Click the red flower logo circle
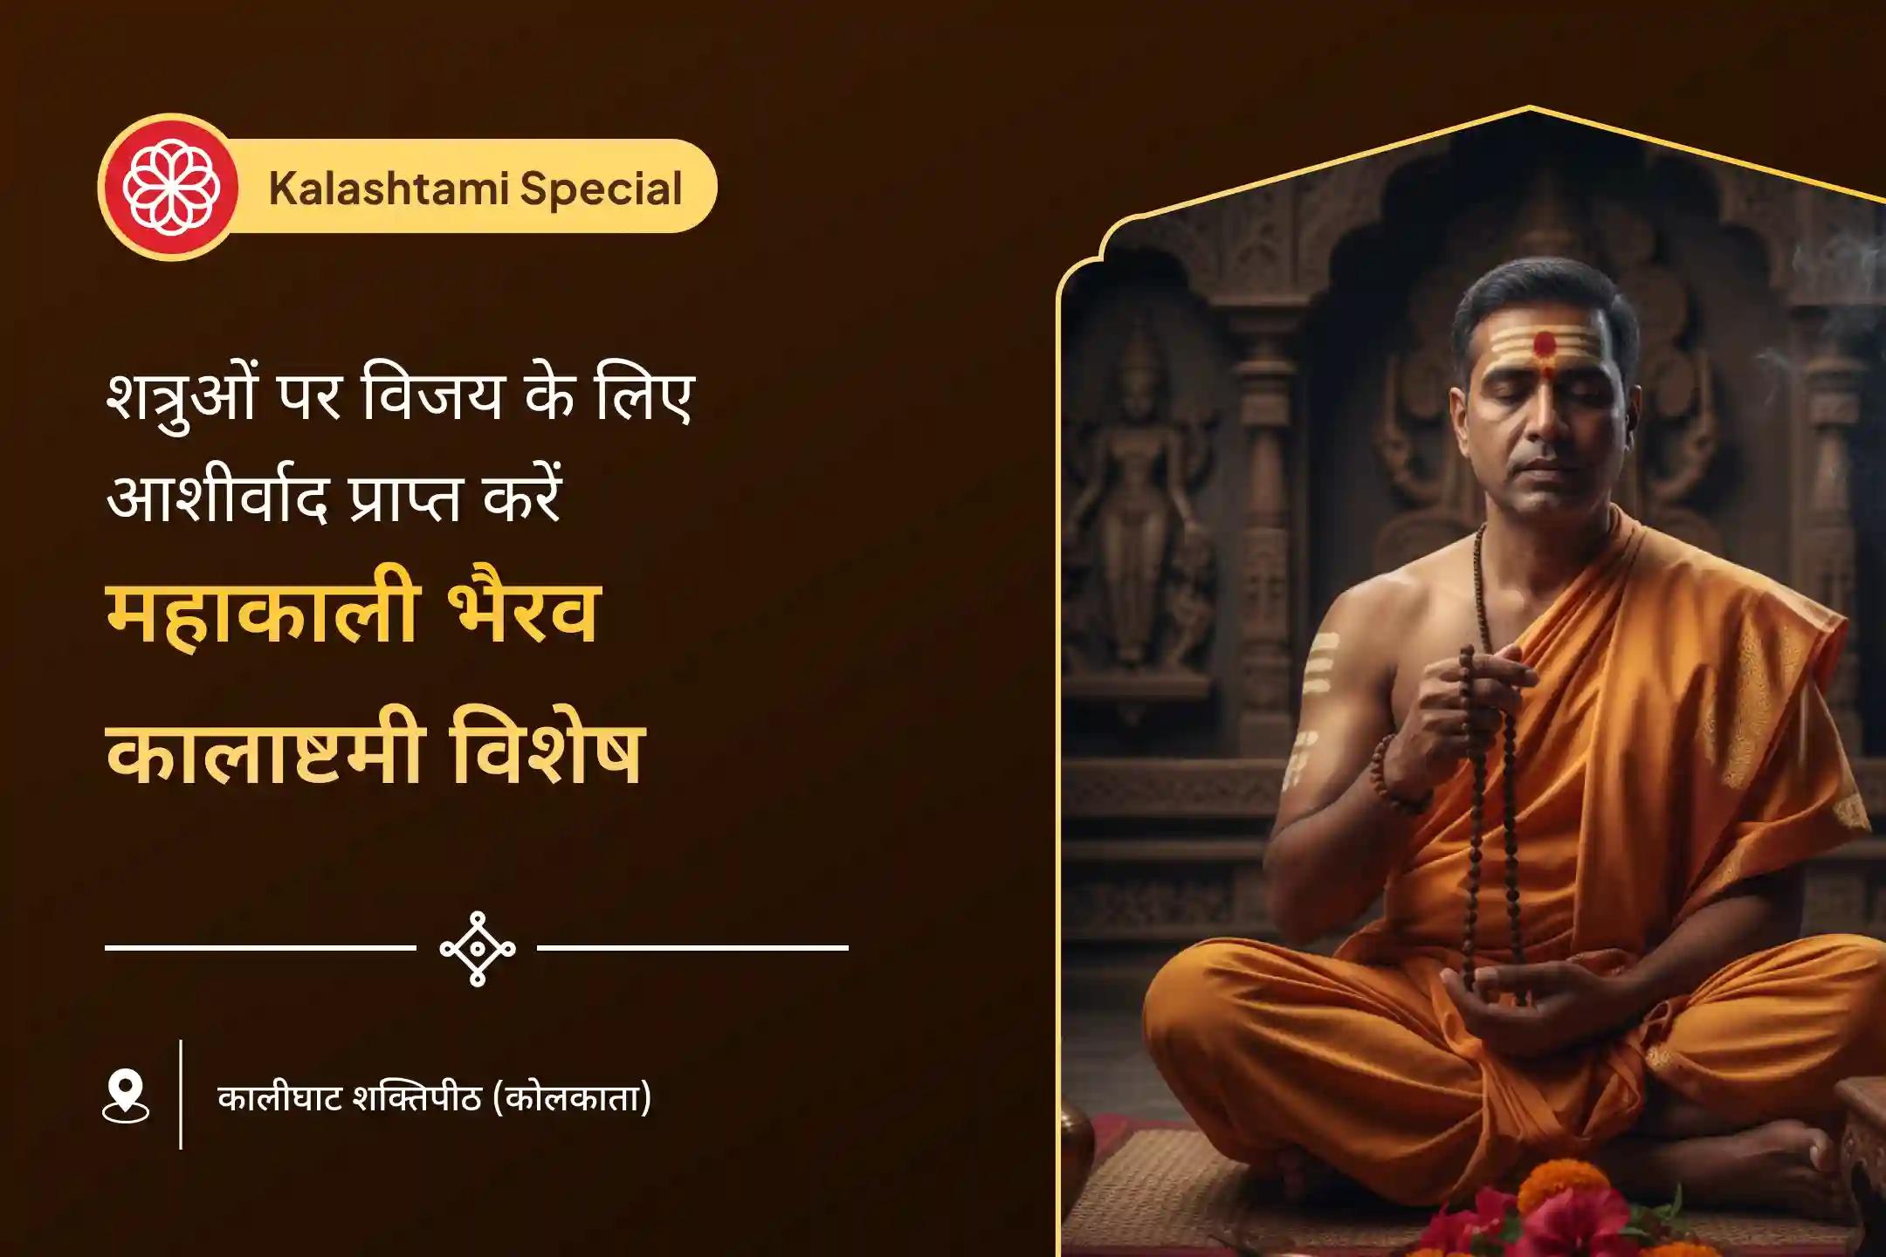point(169,187)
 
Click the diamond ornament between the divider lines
point(477,948)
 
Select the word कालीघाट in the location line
point(279,1097)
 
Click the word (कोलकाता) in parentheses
point(572,1098)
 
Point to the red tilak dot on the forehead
point(1545,345)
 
